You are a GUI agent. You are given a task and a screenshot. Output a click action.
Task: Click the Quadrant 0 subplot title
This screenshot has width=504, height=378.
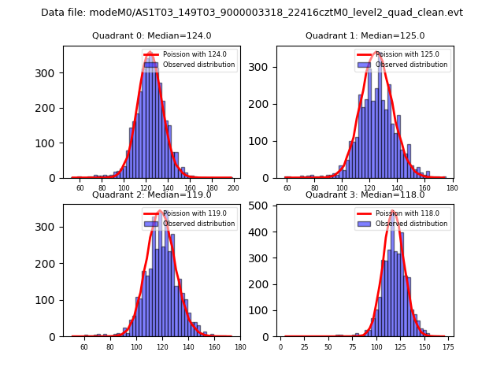tap(151, 35)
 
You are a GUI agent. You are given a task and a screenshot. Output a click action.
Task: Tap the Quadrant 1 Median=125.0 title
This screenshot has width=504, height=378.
tap(365, 35)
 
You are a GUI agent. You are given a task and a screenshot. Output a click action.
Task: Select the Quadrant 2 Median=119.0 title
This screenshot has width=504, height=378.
tap(151, 195)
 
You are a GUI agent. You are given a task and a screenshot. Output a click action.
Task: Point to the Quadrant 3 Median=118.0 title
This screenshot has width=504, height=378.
tap(365, 195)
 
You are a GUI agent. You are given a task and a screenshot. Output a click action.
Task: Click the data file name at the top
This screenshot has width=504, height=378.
tap(252, 13)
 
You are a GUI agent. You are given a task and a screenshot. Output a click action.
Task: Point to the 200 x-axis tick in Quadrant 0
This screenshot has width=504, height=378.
tap(234, 189)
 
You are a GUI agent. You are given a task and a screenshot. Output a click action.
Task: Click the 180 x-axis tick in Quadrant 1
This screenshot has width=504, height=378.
tap(452, 189)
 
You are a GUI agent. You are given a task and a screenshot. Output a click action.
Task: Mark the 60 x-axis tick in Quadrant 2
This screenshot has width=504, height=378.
tap(84, 347)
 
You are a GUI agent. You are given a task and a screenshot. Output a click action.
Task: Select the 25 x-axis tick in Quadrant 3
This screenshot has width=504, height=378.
tap(305, 347)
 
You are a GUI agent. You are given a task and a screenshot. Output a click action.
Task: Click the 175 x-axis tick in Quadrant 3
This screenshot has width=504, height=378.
tap(448, 347)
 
